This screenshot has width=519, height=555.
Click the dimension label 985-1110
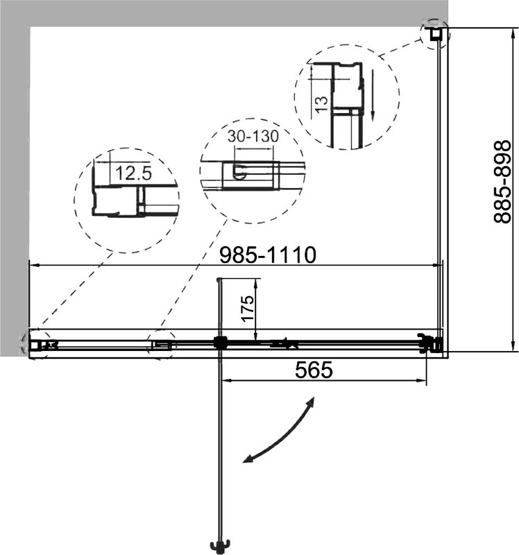[267, 255]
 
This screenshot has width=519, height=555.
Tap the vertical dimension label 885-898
[502, 182]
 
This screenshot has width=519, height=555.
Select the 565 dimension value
[314, 370]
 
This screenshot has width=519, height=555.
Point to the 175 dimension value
[247, 308]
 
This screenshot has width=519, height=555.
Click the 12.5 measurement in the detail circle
[133, 173]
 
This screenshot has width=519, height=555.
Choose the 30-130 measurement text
[253, 136]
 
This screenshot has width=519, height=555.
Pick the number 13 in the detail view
[321, 105]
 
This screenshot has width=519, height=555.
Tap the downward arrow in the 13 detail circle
[373, 95]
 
